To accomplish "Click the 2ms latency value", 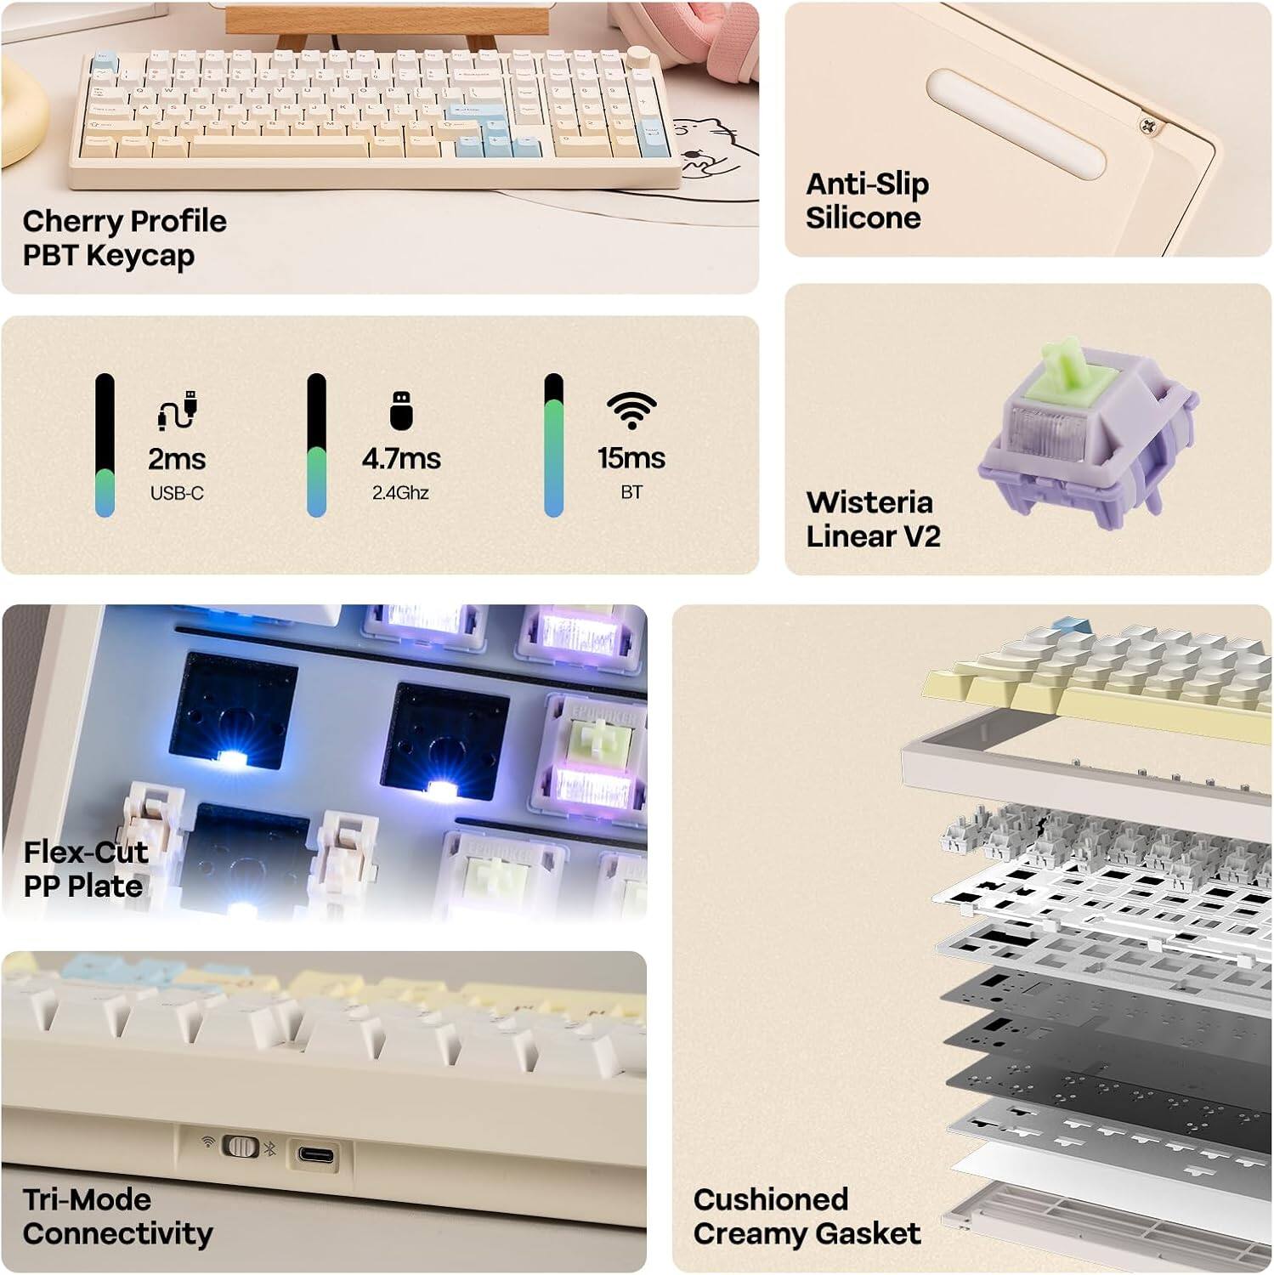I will point(177,459).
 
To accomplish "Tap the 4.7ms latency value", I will point(401,459).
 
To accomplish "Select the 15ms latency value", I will point(631,458).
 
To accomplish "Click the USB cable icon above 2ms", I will point(177,411).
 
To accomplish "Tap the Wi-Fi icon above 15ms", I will point(631,411).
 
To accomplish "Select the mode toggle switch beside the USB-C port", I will point(240,1147).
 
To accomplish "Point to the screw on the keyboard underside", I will point(1148,126).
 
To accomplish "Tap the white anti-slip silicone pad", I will point(1016,124).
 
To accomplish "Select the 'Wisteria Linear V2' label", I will point(873,519).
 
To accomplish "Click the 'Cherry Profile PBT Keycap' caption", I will point(124,238).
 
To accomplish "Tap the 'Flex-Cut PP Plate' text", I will point(85,869).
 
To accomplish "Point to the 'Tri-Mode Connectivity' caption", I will point(117,1216).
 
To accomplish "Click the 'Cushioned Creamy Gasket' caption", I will point(806,1216).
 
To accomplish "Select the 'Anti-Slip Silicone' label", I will point(867,201).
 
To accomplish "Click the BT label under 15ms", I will point(631,492).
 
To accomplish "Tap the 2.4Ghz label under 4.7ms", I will point(400,492).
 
